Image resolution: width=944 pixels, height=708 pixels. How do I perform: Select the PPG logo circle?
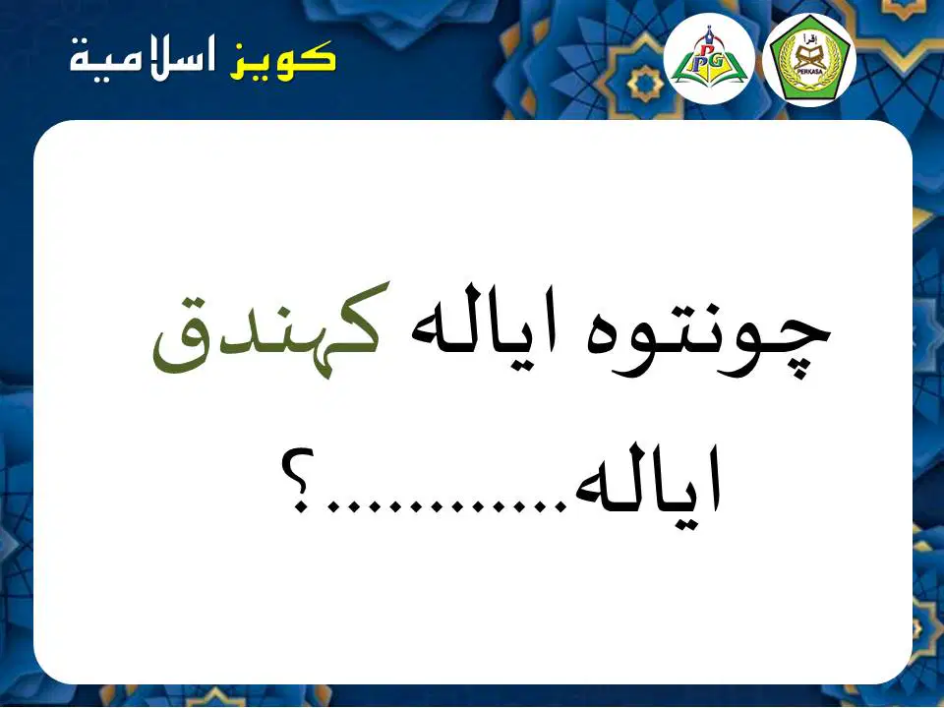click(x=709, y=59)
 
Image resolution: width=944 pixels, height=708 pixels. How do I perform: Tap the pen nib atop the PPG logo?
click(x=710, y=31)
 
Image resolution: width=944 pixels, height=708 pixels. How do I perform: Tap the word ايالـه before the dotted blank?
click(x=648, y=481)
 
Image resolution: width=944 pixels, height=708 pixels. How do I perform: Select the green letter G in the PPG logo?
click(x=718, y=59)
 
